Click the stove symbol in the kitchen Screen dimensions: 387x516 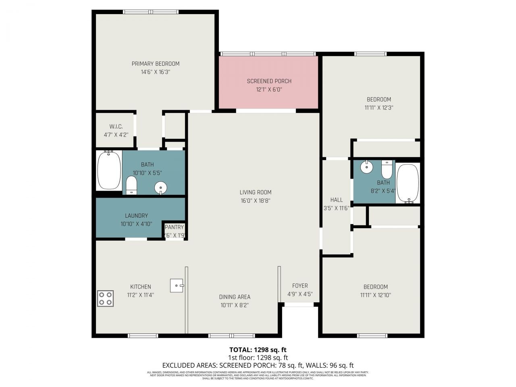105,298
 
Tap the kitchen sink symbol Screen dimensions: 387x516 177,285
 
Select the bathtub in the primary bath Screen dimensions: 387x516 109,170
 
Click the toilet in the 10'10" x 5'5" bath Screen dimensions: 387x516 131,185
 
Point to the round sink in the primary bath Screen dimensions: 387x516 160,187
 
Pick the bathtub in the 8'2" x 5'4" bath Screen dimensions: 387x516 408,183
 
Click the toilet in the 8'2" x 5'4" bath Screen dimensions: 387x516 387,169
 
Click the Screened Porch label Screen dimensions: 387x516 269,81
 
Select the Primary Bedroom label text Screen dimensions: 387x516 156,64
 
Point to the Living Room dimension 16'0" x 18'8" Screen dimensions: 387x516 256,200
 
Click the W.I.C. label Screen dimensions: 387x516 116,127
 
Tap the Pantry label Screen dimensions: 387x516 174,227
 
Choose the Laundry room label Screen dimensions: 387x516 136,216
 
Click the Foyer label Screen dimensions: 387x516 300,286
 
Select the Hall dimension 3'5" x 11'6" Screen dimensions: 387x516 337,208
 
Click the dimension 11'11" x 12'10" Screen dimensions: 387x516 375,295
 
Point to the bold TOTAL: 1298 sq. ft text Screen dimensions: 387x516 258,350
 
